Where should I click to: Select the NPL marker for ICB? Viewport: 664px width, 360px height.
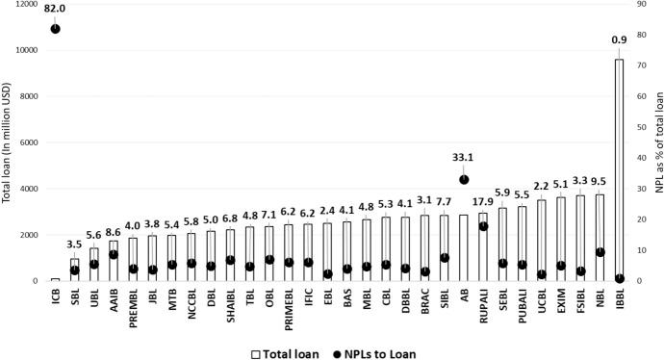point(55,29)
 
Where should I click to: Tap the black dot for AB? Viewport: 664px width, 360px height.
point(464,179)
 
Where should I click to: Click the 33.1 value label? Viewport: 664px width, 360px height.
point(464,157)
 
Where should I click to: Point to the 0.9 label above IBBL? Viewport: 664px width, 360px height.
point(619,40)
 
